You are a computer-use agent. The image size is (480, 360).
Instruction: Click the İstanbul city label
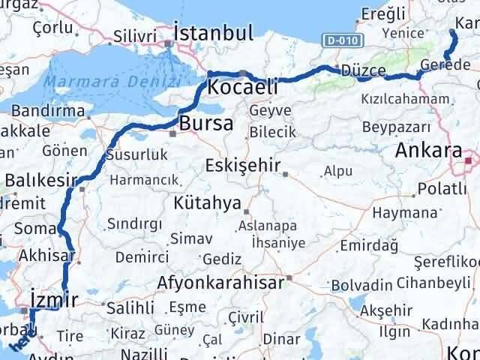(x=213, y=33)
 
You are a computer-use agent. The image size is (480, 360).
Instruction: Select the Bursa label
(x=206, y=124)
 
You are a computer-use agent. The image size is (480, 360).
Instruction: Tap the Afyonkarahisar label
(x=220, y=283)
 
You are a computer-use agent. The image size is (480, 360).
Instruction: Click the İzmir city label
(x=54, y=300)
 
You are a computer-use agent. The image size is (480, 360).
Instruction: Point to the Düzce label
(x=363, y=70)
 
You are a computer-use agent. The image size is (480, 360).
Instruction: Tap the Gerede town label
(x=445, y=65)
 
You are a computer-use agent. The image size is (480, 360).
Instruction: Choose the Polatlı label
(x=442, y=187)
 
